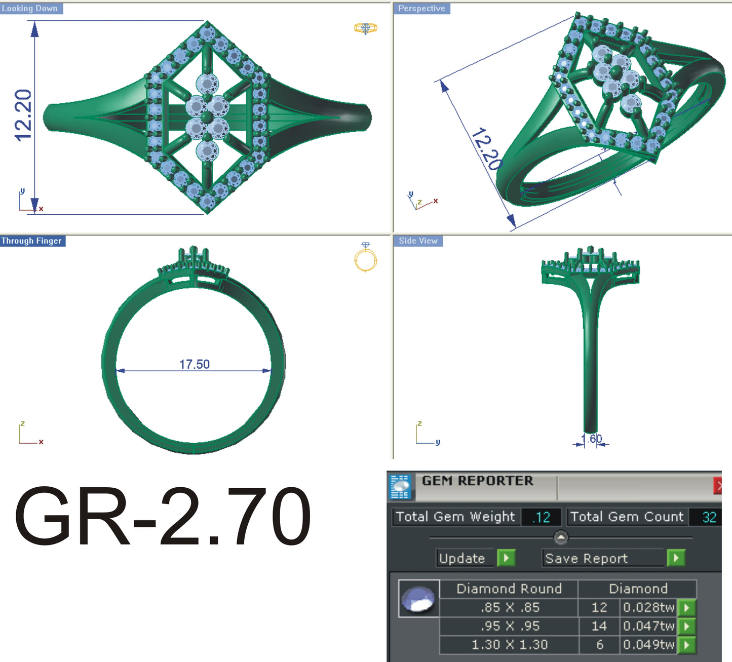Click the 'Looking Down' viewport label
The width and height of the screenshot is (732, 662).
30,9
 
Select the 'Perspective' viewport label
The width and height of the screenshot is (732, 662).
421,9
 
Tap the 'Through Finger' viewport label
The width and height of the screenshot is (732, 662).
31,241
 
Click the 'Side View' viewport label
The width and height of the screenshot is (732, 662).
418,241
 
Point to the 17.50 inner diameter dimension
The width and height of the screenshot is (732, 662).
194,364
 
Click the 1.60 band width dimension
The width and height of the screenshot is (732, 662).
591,439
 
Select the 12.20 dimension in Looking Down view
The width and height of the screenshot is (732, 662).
23,115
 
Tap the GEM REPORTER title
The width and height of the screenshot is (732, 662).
477,481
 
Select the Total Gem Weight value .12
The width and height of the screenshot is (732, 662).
542,517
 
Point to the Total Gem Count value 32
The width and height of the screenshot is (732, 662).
709,517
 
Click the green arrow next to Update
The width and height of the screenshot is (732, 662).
506,558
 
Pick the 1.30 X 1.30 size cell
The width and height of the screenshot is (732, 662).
509,645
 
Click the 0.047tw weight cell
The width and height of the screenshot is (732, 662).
648,626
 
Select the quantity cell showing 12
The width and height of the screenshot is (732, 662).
599,607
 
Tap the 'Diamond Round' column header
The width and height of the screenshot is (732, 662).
509,589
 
